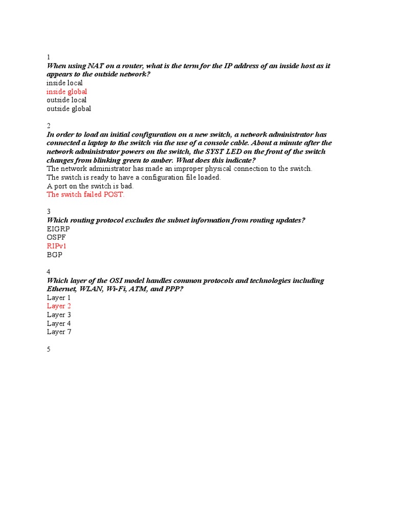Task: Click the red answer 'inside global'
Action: pos(67,92)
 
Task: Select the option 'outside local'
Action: pos(67,100)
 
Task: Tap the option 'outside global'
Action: pos(69,108)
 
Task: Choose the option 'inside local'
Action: pos(64,83)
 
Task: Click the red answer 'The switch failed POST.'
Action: pos(85,194)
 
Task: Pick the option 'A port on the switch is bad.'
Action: pos(90,186)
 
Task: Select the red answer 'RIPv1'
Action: pos(57,246)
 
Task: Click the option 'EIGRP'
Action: pos(58,229)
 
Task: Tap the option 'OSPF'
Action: pos(56,237)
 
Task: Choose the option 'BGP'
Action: pos(54,254)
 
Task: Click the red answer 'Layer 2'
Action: pos(59,306)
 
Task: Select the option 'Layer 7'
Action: pos(59,332)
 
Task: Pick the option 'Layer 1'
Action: pos(59,298)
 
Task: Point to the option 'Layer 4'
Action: pos(59,323)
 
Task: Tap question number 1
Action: pos(49,57)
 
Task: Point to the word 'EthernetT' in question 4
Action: pos(62,289)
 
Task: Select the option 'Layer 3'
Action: pos(59,315)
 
